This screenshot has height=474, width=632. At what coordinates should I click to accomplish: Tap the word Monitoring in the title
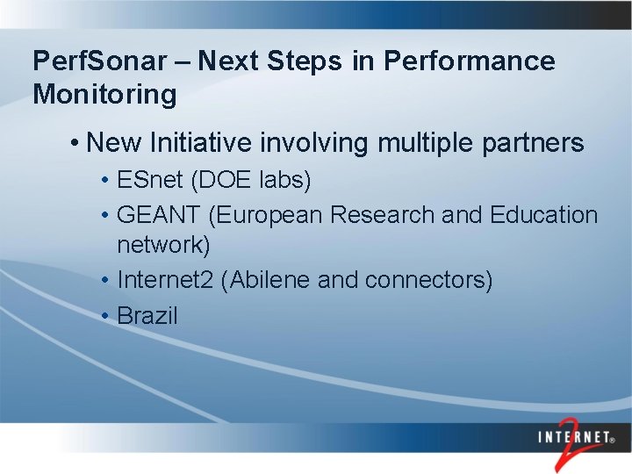[x=104, y=95]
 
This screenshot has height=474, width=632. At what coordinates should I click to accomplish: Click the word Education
[x=544, y=215]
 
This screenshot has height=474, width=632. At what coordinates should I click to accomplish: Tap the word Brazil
[x=147, y=315]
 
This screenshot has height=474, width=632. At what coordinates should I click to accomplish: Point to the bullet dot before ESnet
[x=104, y=182]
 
